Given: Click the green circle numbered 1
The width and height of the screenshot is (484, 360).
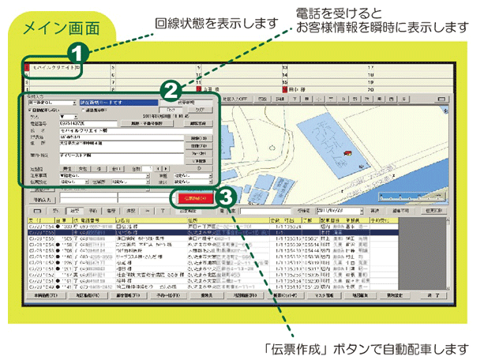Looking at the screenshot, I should [76, 54].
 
